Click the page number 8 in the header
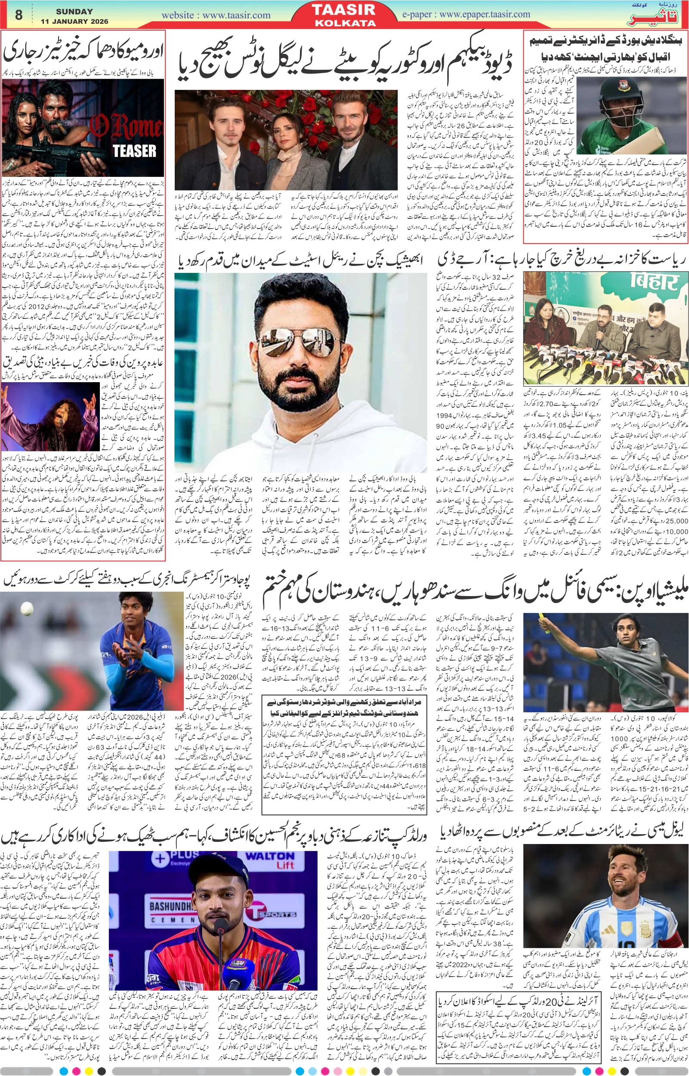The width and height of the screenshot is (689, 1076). pyautogui.click(x=19, y=15)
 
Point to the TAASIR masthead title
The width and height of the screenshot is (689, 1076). pyautogui.click(x=343, y=10)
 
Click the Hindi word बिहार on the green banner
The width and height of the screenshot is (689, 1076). pyautogui.click(x=655, y=281)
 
